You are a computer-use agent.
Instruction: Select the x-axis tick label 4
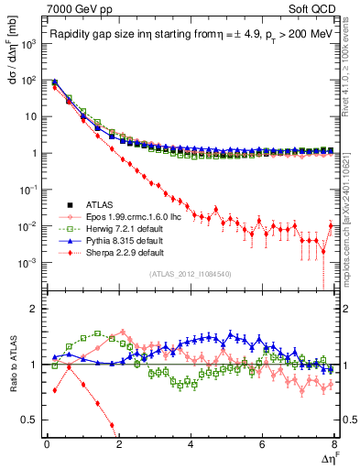[x=191, y=444]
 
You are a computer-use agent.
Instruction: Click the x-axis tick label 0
[x=47, y=444]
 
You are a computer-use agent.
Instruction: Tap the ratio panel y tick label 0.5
[x=31, y=420]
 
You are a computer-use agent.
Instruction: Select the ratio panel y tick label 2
[x=35, y=308]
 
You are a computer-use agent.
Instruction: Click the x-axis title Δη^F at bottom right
[x=327, y=457]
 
